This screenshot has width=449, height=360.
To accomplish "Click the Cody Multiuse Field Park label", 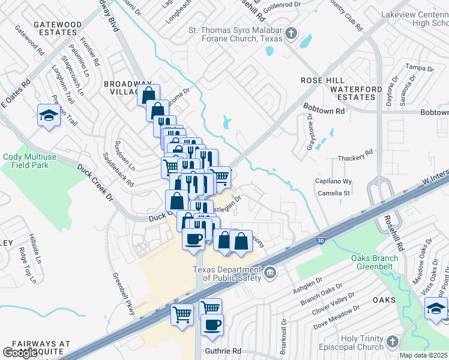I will (34, 161).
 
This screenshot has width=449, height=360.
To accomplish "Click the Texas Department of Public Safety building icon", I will (270, 274).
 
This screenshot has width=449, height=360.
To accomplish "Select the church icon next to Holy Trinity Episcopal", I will (393, 341).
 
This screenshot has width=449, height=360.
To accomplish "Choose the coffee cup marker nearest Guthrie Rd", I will (212, 325).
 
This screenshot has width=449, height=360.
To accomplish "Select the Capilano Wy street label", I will (333, 181).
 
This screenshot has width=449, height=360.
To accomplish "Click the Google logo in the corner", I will (20, 353).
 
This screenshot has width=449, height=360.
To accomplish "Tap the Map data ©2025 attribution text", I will (424, 355).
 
